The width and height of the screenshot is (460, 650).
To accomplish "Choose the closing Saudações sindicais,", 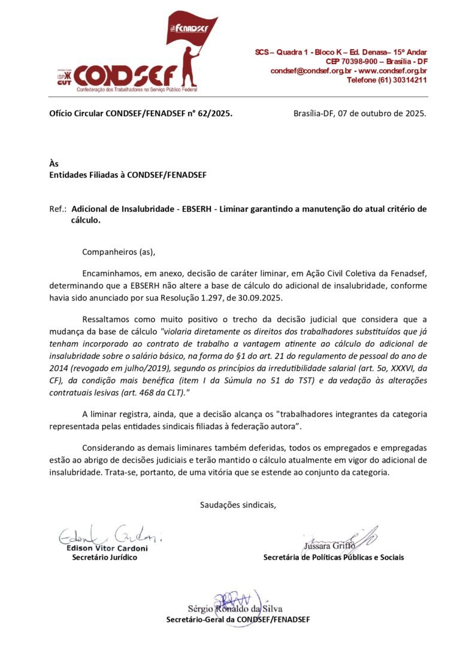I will point(238,505).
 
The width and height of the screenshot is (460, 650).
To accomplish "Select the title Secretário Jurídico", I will point(104,557).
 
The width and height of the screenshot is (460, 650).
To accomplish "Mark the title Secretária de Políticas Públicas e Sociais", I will point(333,557).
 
